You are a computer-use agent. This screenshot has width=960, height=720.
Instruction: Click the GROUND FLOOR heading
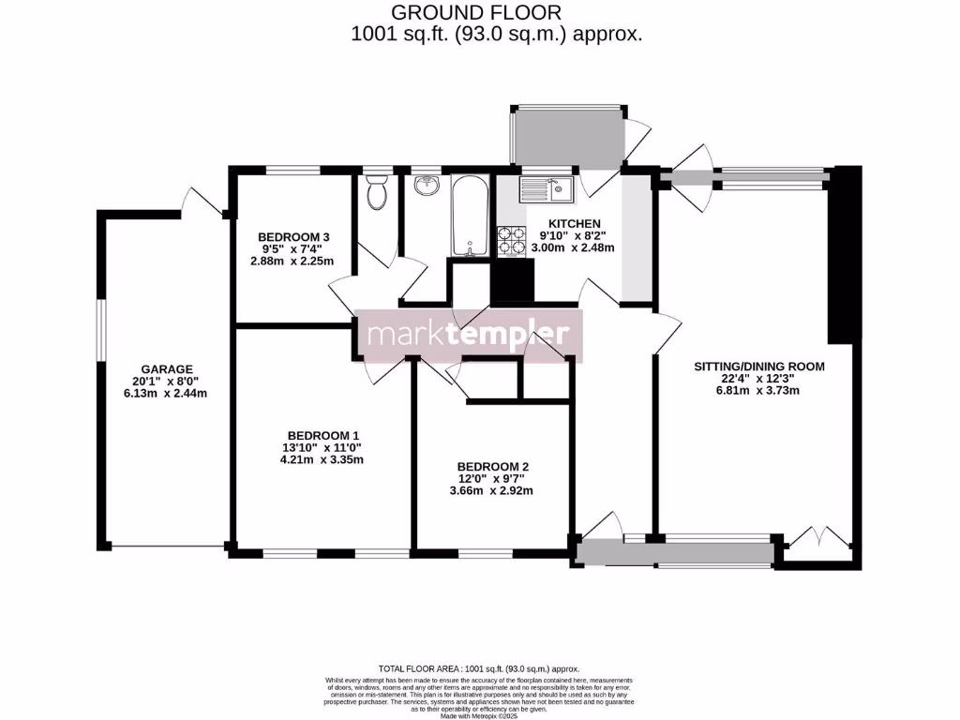click(x=476, y=12)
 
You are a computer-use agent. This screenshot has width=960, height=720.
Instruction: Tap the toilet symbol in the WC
click(x=378, y=194)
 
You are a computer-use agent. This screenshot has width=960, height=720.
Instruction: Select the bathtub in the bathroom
click(x=468, y=216)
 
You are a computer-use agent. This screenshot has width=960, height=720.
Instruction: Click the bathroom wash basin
click(x=427, y=185)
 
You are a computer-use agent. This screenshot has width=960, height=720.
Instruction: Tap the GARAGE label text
click(x=167, y=368)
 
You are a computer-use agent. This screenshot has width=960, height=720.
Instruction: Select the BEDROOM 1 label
click(x=323, y=435)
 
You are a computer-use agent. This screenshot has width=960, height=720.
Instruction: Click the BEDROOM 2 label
click(x=493, y=466)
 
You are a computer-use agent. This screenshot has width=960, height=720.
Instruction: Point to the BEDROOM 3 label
click(x=293, y=236)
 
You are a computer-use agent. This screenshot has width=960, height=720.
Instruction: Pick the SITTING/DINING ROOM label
click(x=759, y=367)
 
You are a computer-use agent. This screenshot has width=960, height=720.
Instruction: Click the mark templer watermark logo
click(x=468, y=335)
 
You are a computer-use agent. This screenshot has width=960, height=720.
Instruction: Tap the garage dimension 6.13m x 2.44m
click(x=167, y=394)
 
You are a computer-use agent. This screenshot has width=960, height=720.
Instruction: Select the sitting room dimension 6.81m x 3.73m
click(x=759, y=391)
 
